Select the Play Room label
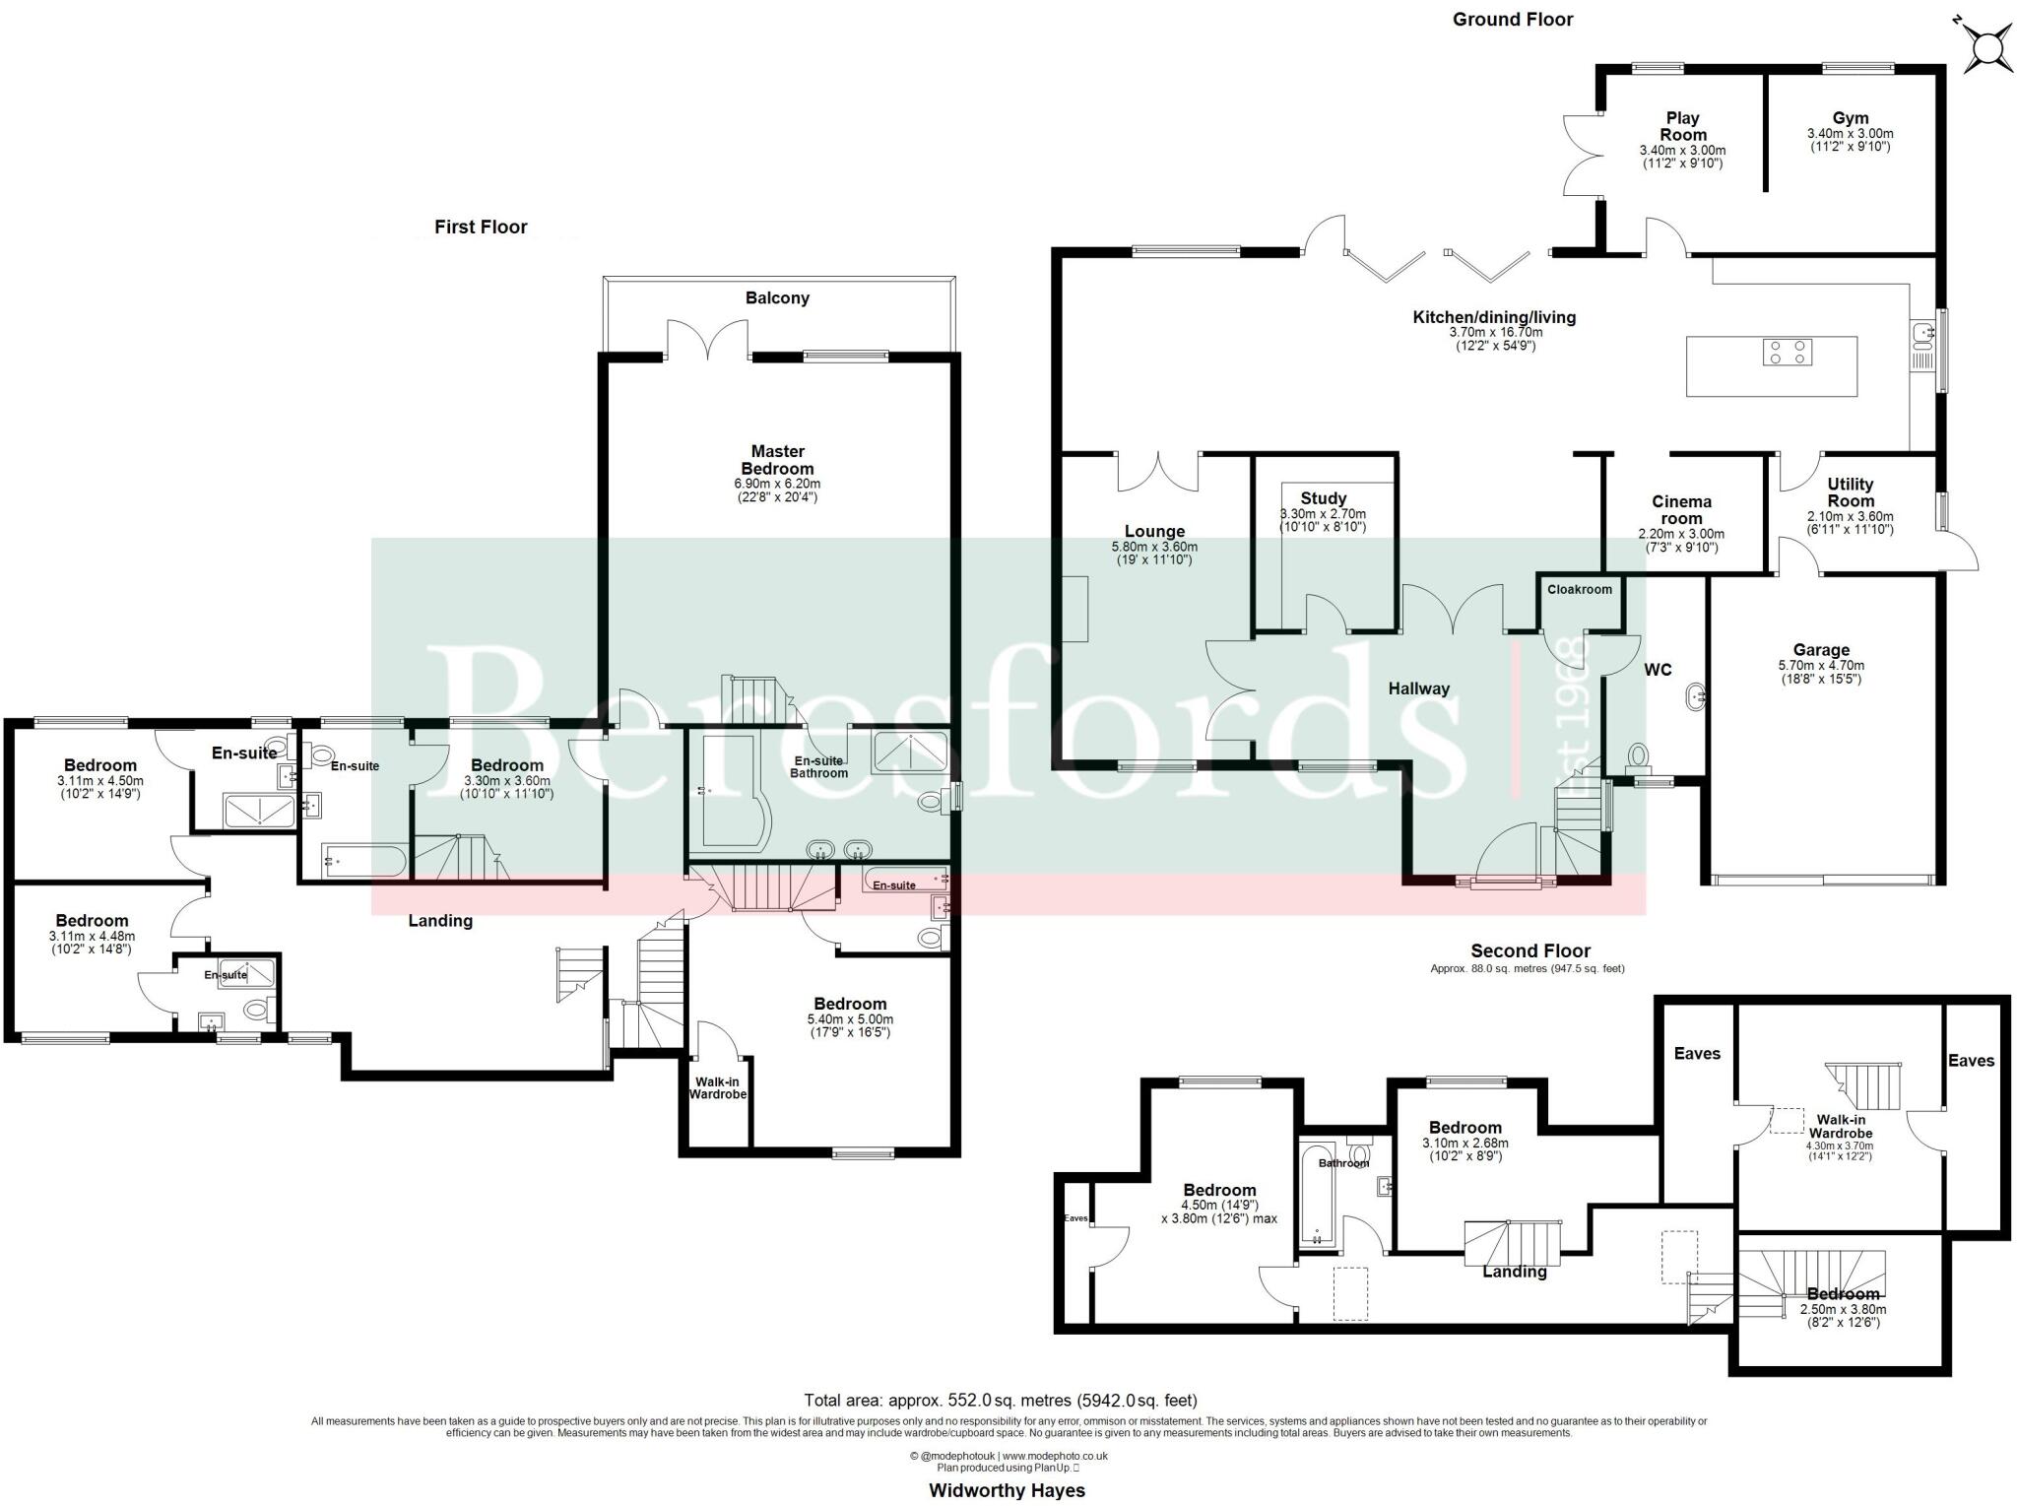pos(1682,126)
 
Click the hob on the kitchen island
pos(1787,352)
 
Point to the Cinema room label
pos(1681,510)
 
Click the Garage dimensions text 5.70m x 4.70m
pos(1820,665)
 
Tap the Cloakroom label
pos(1579,589)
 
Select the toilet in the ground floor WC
pos(1638,756)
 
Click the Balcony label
pos(777,297)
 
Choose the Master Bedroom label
pos(777,460)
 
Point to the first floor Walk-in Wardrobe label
pos(717,1087)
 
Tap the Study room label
pos(1323,498)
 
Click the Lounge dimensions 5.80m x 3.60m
pos(1154,547)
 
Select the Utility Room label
pos(1850,492)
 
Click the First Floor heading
pos(481,227)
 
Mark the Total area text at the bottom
pos(1001,1400)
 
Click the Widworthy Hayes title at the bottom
pos(1007,1490)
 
